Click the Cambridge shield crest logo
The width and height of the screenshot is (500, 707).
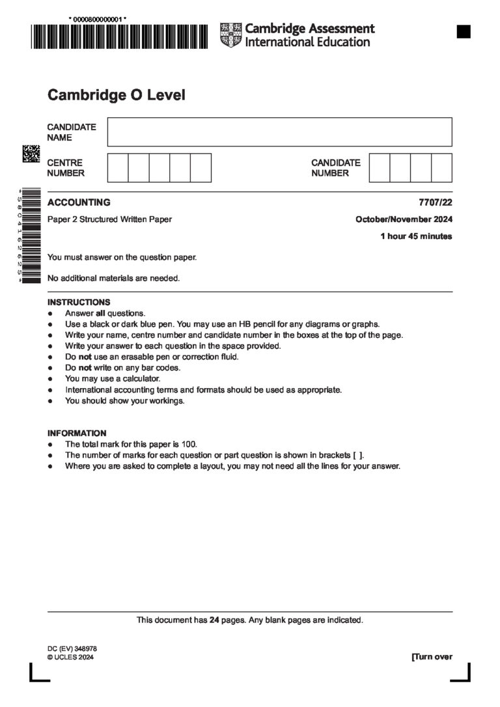[x=230, y=35]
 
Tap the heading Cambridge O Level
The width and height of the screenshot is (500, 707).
[x=117, y=95]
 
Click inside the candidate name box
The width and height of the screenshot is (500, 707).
[x=279, y=132]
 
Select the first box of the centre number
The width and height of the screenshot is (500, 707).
[x=117, y=167]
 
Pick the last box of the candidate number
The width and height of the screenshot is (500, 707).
[x=441, y=167]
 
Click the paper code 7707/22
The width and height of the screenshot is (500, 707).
[x=436, y=202]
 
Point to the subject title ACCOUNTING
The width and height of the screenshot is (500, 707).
[x=79, y=202]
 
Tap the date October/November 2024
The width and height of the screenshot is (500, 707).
[x=404, y=219]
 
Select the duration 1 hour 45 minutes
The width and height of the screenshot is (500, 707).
[x=416, y=236]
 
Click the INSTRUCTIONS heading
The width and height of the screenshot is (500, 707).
[x=79, y=302]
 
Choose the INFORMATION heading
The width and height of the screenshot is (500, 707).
[x=77, y=433]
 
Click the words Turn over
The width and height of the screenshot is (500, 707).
[x=432, y=657]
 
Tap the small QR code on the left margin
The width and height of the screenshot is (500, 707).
[x=31, y=154]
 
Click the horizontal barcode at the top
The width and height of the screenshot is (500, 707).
[x=118, y=36]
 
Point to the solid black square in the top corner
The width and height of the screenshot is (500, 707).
[x=463, y=31]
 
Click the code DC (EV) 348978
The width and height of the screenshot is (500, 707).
[x=72, y=649]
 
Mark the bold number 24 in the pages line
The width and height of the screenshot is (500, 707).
[x=214, y=620]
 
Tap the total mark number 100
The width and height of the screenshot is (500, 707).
[x=189, y=444]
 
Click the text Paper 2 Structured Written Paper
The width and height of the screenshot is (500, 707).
[x=109, y=219]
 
